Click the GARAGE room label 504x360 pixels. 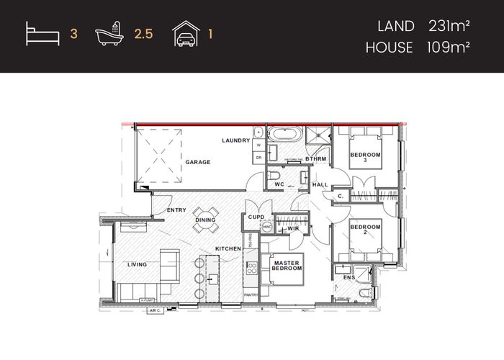coord(198,163)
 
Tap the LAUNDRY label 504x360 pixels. coord(235,140)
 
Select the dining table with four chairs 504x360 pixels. coord(205,220)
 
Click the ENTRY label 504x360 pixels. coord(176,210)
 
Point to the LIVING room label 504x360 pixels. coord(137,264)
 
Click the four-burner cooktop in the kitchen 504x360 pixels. coord(252,269)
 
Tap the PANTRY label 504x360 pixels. coord(251,294)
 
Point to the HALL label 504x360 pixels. coord(320,185)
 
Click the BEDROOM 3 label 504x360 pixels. coord(364,157)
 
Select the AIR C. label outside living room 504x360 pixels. coord(154,311)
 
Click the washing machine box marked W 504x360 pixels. coord(258,144)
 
